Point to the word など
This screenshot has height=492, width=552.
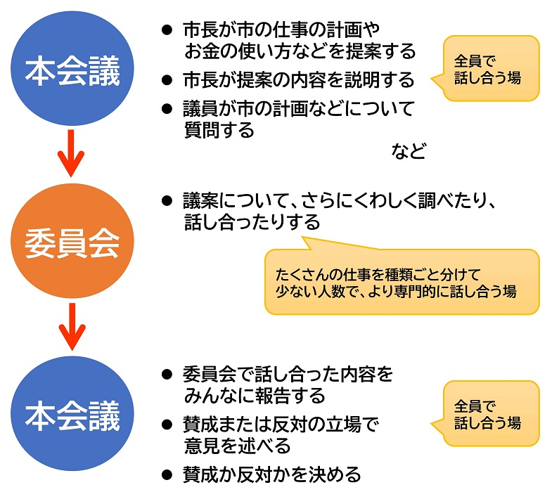click(408, 151)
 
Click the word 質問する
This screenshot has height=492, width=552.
click(219, 130)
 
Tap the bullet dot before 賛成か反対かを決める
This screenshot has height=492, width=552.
click(167, 472)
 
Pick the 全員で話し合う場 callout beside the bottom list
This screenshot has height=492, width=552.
click(491, 415)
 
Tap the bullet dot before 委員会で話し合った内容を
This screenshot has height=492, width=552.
click(167, 374)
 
